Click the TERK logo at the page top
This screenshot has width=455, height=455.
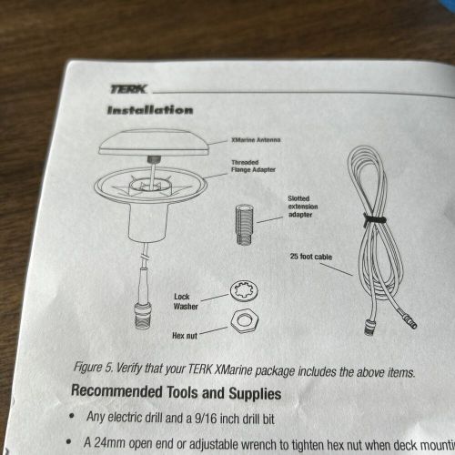pos(127,88)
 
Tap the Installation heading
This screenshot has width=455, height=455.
pos(150,110)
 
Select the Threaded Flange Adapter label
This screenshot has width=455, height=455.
pos(248,167)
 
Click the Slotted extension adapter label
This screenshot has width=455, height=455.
pos(302,206)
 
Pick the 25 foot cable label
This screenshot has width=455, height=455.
pos(311,257)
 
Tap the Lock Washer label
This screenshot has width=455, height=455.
pos(187,300)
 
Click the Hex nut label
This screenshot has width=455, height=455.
pos(186,335)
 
